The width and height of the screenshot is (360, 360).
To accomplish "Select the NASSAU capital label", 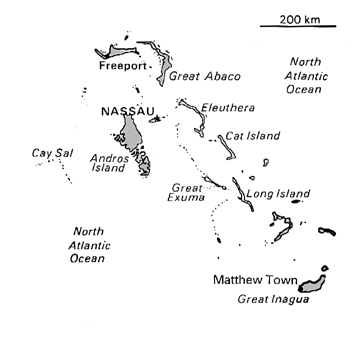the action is coord(123,112).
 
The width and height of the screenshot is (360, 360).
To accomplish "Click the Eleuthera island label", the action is coord(227,107).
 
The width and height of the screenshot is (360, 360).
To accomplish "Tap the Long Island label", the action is coord(275,190).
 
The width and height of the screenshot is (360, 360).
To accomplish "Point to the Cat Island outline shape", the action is coord(227,150).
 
